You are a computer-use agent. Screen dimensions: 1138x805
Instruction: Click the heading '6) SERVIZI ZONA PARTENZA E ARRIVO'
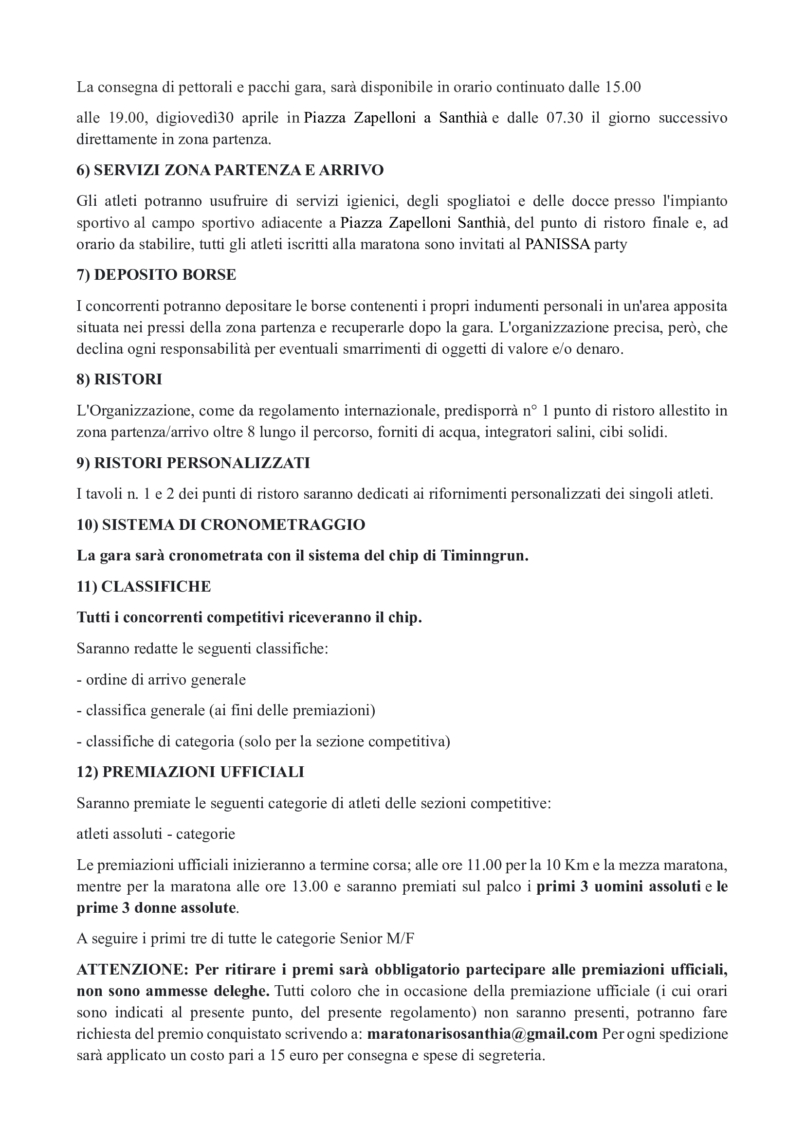[x=230, y=170]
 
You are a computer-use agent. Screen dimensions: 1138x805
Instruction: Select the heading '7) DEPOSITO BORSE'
[x=156, y=274]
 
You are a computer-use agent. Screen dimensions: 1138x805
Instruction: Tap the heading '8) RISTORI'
[x=119, y=379]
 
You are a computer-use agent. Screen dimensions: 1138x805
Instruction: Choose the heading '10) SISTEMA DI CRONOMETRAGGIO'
[x=220, y=524]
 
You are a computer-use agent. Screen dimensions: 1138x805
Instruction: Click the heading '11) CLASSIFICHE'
[x=144, y=586]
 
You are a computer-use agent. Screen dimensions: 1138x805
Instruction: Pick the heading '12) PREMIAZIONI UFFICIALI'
[x=190, y=772]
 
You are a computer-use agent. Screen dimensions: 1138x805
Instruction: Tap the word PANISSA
[x=558, y=244]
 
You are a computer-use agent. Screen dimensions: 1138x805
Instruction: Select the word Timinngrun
[x=483, y=556]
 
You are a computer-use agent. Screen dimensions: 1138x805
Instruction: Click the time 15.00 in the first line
[x=622, y=87]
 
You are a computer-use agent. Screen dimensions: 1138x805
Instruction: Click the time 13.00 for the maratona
[x=311, y=886]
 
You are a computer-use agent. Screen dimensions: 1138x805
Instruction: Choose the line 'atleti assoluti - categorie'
[x=156, y=834]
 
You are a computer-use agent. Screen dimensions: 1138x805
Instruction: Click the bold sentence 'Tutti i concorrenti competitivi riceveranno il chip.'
[x=249, y=617]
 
